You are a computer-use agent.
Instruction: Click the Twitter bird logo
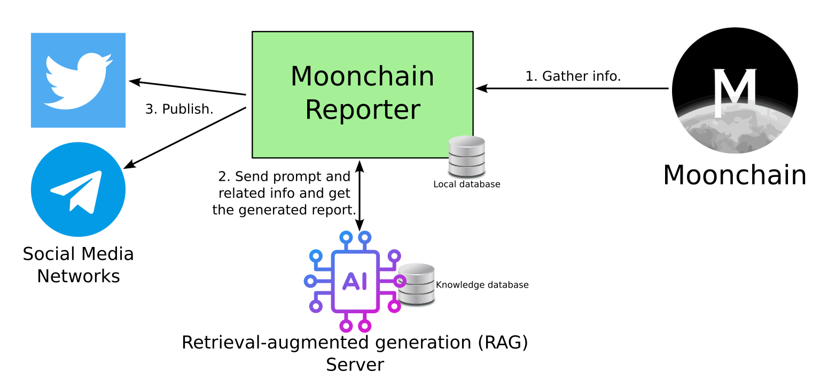(x=78, y=80)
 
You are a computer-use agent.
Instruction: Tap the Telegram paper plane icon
(x=78, y=189)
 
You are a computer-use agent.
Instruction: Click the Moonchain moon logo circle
(x=735, y=90)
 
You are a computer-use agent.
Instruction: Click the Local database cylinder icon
(x=466, y=156)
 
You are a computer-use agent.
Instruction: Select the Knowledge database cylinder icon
(x=417, y=284)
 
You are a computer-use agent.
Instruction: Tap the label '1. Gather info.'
(x=573, y=76)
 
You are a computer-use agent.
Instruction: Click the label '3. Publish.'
(x=179, y=109)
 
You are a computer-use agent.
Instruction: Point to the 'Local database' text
(x=466, y=184)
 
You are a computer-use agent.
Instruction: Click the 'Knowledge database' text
(x=482, y=285)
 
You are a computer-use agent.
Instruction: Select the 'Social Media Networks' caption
(x=78, y=265)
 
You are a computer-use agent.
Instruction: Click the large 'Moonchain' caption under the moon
(x=735, y=175)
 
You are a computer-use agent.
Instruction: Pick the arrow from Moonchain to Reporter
(x=572, y=89)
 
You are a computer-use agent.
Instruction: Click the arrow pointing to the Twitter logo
(x=187, y=88)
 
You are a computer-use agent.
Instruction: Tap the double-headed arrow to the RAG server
(x=361, y=195)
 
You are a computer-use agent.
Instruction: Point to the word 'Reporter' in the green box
(x=362, y=110)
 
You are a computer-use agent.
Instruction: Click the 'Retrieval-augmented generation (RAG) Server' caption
(x=355, y=353)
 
